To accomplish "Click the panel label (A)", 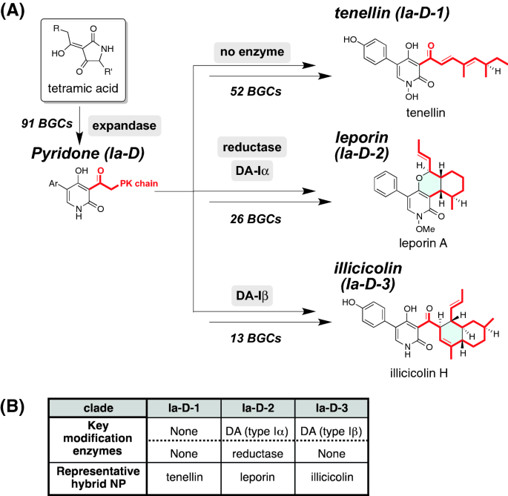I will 16,11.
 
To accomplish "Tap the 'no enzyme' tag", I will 248,53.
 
